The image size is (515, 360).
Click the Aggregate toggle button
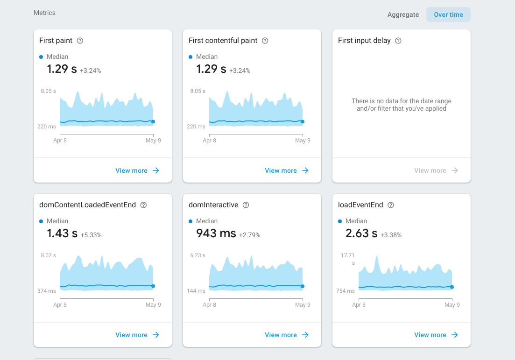click(403, 14)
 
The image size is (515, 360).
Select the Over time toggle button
click(448, 14)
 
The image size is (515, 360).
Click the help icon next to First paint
click(80, 41)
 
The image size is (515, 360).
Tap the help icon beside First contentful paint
click(265, 41)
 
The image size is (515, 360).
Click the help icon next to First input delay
click(398, 41)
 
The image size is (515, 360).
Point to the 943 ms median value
click(216, 233)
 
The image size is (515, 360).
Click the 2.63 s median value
click(361, 233)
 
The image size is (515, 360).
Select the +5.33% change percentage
click(91, 235)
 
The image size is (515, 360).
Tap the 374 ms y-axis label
click(47, 291)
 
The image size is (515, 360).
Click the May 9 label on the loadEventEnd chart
click(452, 305)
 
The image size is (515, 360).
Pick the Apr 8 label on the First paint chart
click(60, 141)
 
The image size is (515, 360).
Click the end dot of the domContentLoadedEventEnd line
click(153, 286)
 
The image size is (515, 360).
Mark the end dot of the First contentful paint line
click(303, 121)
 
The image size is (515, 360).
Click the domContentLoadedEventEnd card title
click(87, 205)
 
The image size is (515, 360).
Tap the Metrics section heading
click(44, 13)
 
